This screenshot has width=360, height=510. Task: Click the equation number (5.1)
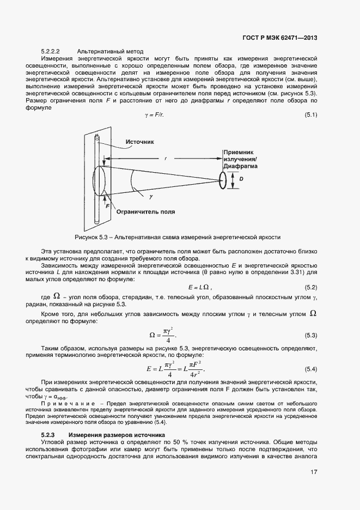click(310, 114)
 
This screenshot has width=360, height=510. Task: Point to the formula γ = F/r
click(154, 115)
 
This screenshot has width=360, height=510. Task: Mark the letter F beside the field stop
click(108, 206)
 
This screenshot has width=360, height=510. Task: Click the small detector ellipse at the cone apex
click(223, 180)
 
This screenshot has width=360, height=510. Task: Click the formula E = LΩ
click(200, 287)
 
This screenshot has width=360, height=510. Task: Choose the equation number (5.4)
click(310, 369)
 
